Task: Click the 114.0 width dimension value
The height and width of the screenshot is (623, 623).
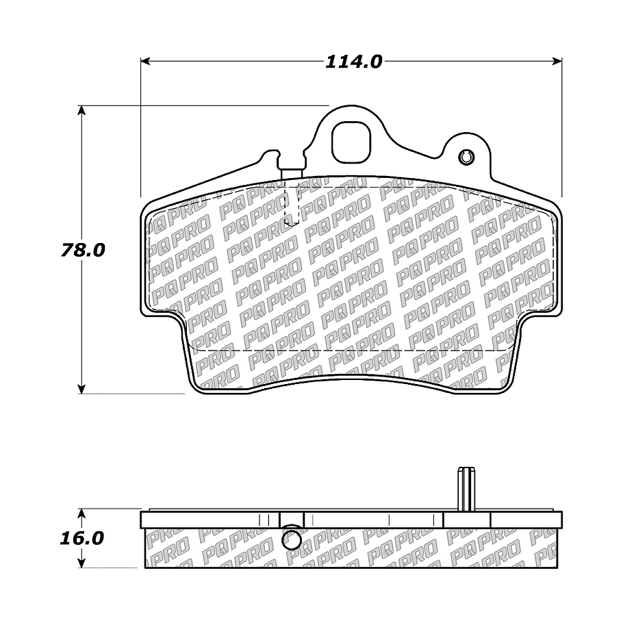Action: click(x=353, y=62)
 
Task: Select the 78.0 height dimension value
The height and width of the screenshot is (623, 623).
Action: click(x=82, y=250)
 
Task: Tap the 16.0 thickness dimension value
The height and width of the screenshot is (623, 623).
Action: click(x=82, y=538)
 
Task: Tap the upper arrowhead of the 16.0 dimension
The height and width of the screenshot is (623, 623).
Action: click(x=82, y=513)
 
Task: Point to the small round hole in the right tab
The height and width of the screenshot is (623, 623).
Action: click(x=467, y=156)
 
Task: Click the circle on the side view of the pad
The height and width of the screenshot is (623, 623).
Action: click(x=292, y=540)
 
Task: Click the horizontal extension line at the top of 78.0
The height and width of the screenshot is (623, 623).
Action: click(x=205, y=106)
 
